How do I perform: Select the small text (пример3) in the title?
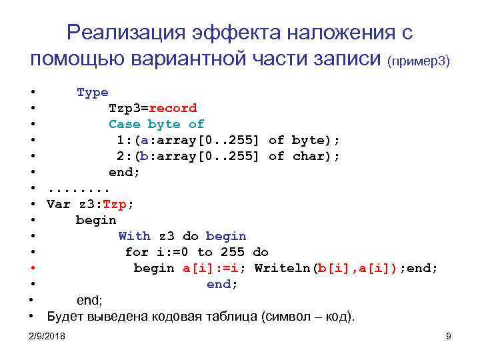pos(419,61)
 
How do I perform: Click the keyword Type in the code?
pos(92,92)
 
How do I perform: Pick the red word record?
pos(173,108)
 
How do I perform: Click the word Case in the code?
pos(125,124)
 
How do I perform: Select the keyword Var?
pos(58,204)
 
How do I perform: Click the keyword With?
pos(135,236)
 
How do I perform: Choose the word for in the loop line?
pos(137,252)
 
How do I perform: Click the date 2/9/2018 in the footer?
pos(47,337)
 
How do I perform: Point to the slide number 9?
pos(449,337)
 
